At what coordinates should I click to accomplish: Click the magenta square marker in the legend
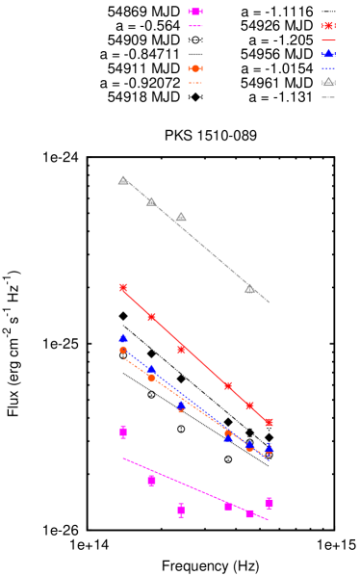(195, 12)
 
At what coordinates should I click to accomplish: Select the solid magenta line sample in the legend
(195, 26)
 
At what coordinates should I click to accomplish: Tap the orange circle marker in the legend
(195, 68)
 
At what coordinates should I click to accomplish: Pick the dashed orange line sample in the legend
(195, 83)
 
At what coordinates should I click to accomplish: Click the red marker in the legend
(328, 26)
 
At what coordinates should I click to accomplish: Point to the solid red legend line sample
(328, 40)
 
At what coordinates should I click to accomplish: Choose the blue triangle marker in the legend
(328, 54)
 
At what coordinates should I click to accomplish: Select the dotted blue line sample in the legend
(328, 68)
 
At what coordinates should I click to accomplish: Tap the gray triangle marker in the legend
(328, 83)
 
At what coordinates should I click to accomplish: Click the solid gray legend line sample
(328, 97)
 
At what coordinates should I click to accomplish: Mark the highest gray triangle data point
(123, 180)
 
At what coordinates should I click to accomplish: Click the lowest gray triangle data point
(249, 288)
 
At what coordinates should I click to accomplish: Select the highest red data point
(123, 287)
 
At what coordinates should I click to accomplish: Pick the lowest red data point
(269, 422)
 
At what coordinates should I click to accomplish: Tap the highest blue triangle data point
(123, 338)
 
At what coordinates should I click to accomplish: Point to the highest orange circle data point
(123, 350)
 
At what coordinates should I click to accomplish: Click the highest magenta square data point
(123, 432)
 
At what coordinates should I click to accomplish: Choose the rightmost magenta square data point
(269, 503)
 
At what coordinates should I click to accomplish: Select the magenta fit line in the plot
(193, 487)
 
